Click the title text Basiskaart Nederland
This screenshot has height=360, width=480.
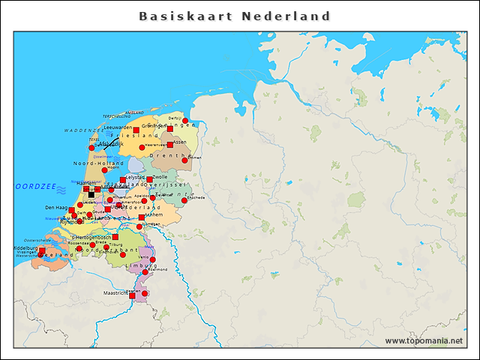pyautogui.click(x=235, y=16)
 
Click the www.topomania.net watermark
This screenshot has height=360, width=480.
pyautogui.click(x=424, y=340)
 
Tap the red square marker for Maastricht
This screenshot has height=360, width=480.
pyautogui.click(x=132, y=295)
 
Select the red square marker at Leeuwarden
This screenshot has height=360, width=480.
pyautogui.click(x=136, y=130)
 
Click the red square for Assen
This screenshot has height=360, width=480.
pyautogui.click(x=171, y=145)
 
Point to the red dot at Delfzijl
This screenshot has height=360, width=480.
pyautogui.click(x=185, y=121)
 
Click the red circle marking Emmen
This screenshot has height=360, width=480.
pyautogui.click(x=184, y=160)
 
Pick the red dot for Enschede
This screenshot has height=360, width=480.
pyautogui.click(x=184, y=200)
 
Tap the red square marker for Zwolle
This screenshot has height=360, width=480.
pyautogui.click(x=149, y=179)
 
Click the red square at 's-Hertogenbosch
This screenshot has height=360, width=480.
pyautogui.click(x=115, y=237)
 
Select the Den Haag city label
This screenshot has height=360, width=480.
pyautogui.click(x=56, y=208)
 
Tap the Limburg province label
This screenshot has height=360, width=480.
pyautogui.click(x=140, y=265)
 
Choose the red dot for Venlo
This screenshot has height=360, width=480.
pyautogui.click(x=153, y=259)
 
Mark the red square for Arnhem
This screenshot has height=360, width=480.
pyautogui.click(x=141, y=217)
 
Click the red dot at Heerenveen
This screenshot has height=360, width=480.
pyautogui.click(x=141, y=147)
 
